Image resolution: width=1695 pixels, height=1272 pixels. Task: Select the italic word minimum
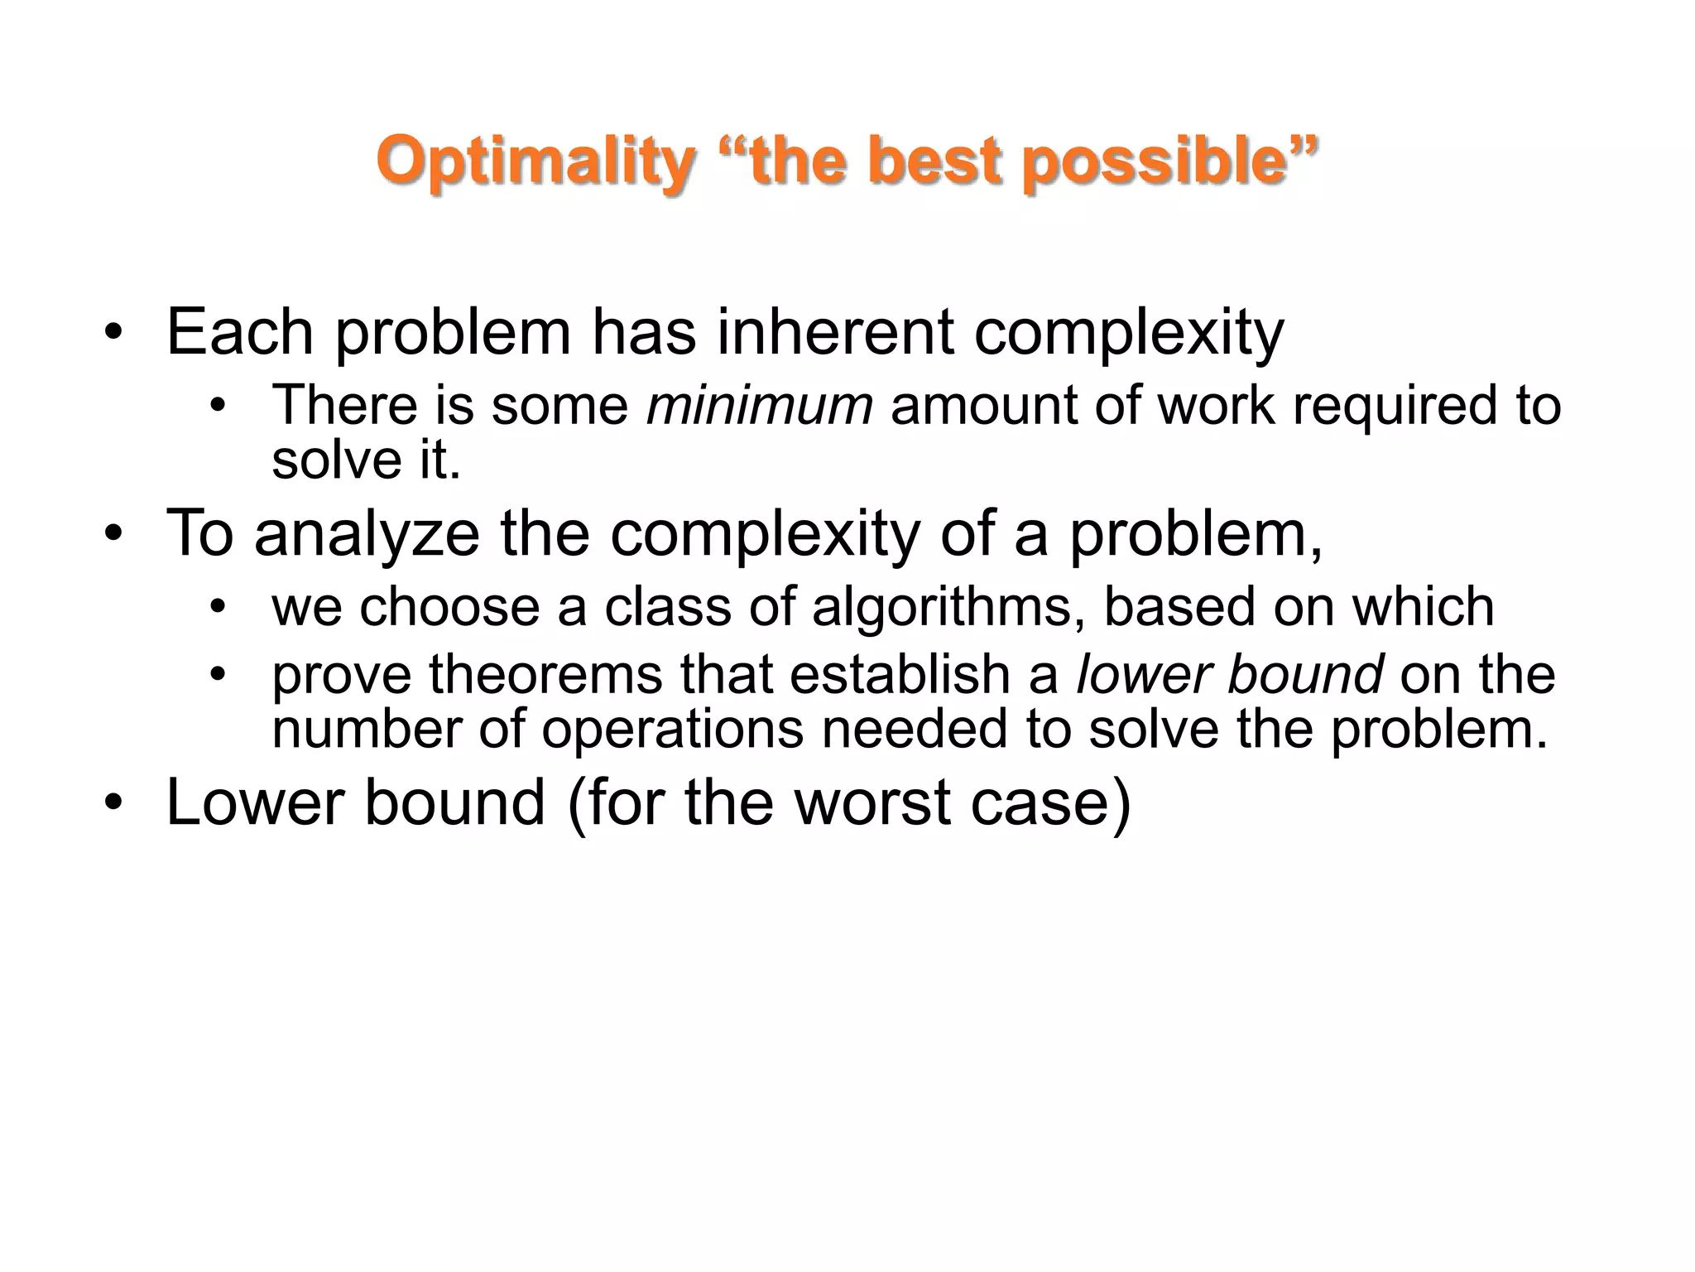759,406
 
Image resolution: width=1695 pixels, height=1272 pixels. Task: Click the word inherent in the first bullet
835,332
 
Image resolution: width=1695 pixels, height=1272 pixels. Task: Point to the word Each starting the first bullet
240,332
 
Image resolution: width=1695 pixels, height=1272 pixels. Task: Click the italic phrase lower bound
1229,675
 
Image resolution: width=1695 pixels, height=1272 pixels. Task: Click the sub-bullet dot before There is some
218,407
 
